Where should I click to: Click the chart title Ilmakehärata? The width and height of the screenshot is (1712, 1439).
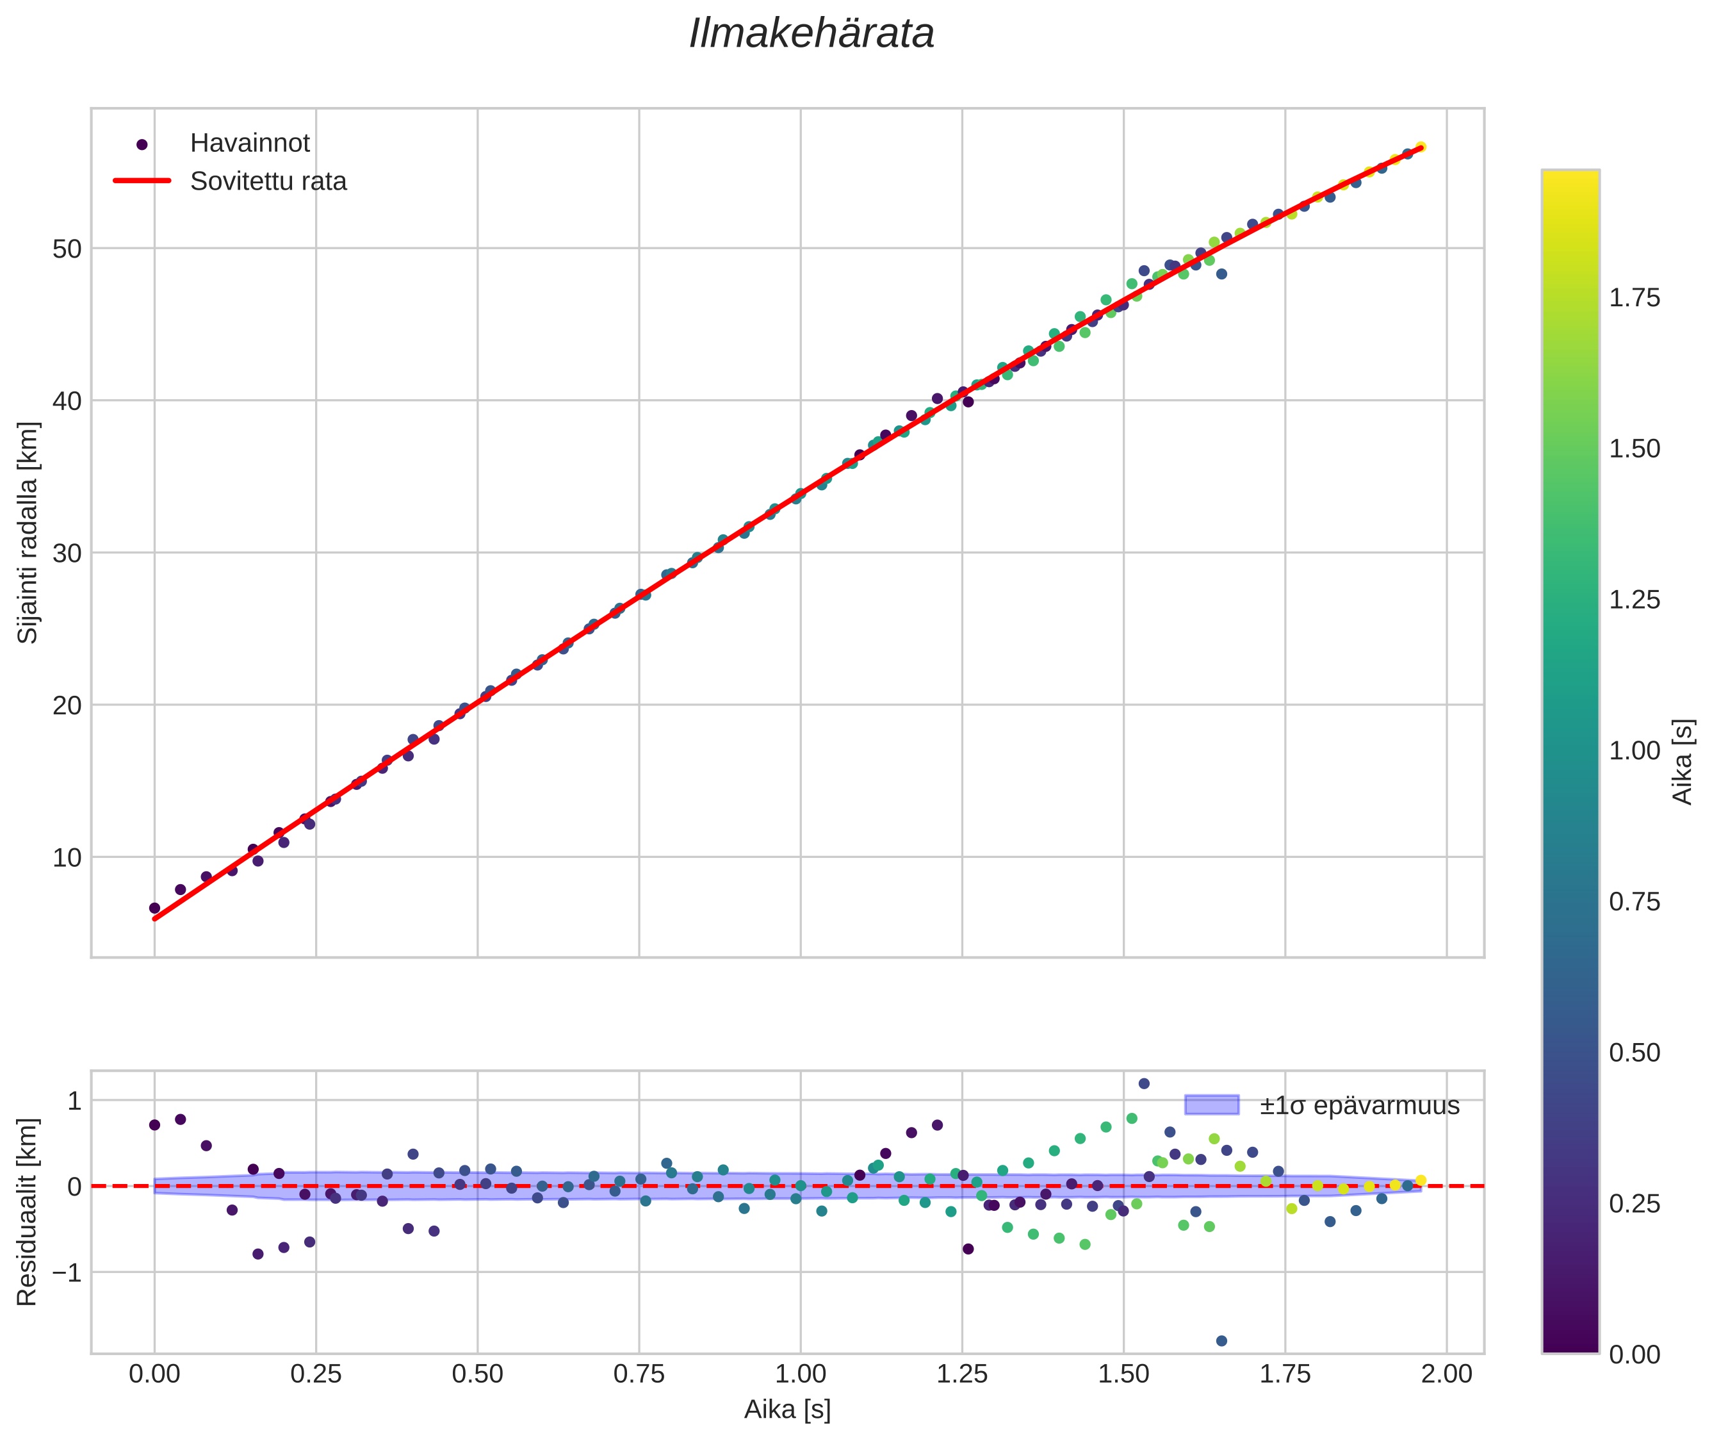click(811, 34)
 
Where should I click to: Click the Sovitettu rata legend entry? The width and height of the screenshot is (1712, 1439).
click(268, 181)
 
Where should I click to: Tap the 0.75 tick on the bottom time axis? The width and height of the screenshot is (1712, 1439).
click(639, 1374)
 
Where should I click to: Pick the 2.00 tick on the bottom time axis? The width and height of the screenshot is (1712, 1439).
click(1446, 1374)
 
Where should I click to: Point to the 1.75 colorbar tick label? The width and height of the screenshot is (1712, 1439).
click(1634, 298)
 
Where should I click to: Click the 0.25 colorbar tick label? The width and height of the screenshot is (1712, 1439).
click(1634, 1203)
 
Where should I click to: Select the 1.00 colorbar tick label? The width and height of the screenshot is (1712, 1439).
click(1634, 750)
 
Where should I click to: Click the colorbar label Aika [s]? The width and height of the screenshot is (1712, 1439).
click(1683, 761)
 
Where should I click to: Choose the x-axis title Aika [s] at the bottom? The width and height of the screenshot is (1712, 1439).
click(787, 1409)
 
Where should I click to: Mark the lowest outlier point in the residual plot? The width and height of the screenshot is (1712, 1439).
click(1221, 1340)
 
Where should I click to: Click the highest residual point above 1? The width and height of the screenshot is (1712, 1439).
click(1143, 1083)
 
